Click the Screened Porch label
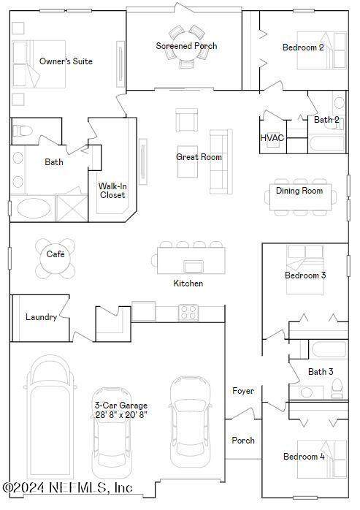coord(186,46)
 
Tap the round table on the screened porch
coord(187,46)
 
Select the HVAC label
coord(272,138)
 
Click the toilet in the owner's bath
coord(23,131)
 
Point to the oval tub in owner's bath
coord(34,208)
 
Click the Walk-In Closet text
coord(112,191)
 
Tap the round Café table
coord(55,259)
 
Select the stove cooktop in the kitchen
coord(188,313)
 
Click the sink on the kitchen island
coord(194,267)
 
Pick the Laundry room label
coord(42,317)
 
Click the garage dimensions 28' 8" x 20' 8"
coord(121,415)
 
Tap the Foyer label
coord(243,391)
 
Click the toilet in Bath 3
coord(337,389)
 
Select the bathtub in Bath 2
coord(326,144)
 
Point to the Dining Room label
coord(299,191)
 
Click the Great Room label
coord(199,157)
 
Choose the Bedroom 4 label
coord(304,457)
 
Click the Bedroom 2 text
coord(303,47)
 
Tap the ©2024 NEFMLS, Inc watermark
coord(68,487)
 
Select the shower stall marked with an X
coord(72,208)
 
